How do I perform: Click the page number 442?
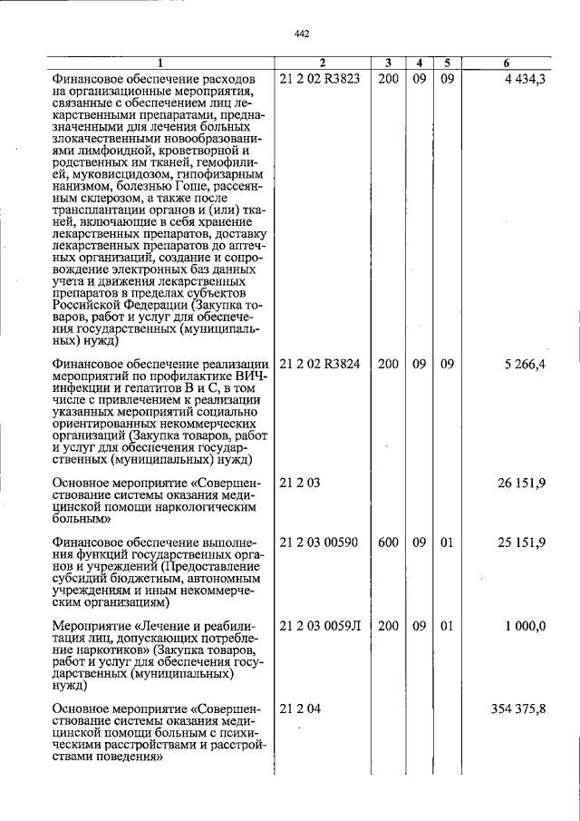coord(303,34)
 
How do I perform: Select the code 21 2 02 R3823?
coord(320,79)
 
